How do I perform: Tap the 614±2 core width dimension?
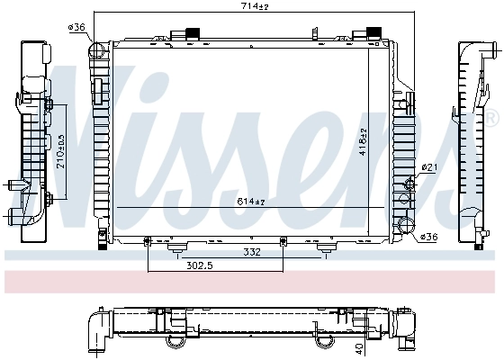253,200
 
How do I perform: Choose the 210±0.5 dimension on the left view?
59,153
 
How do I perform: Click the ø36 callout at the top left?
77,28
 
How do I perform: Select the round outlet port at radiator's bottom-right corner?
405,225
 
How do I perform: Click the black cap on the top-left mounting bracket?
190,35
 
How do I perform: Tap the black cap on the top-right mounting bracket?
369,35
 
